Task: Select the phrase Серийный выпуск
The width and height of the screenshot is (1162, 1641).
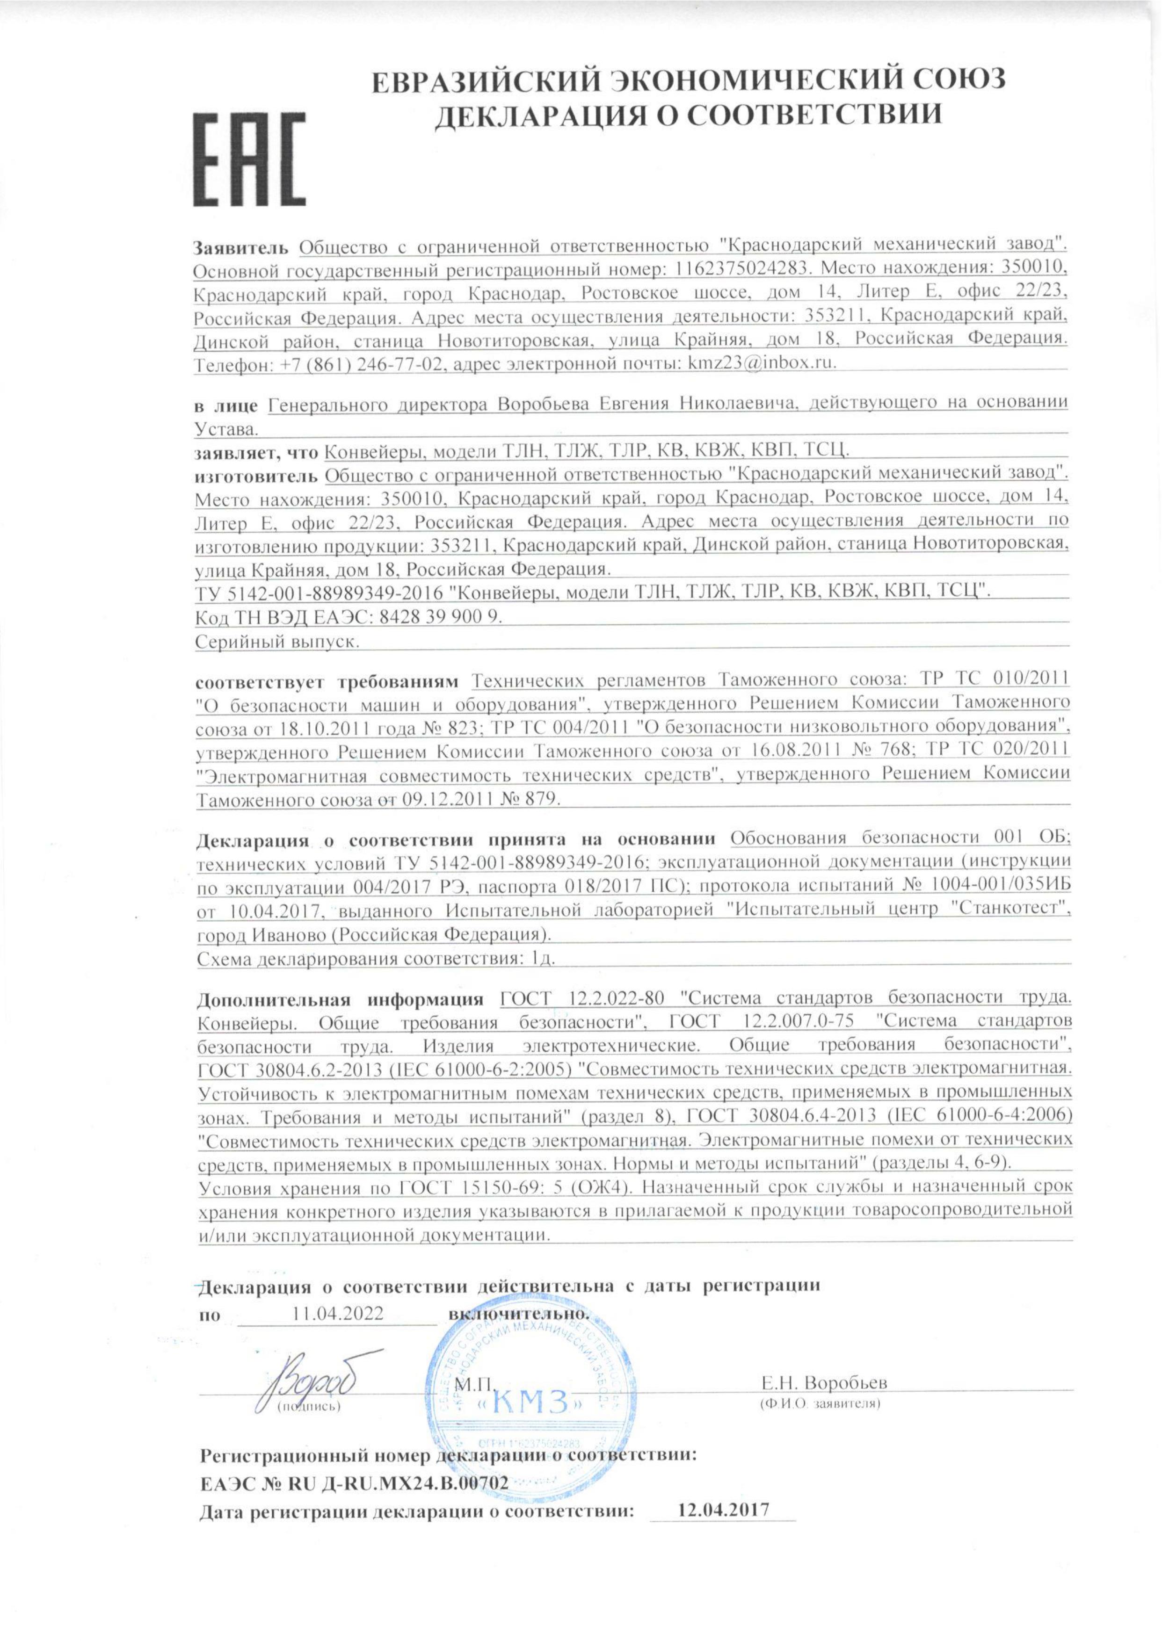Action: click(x=276, y=642)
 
